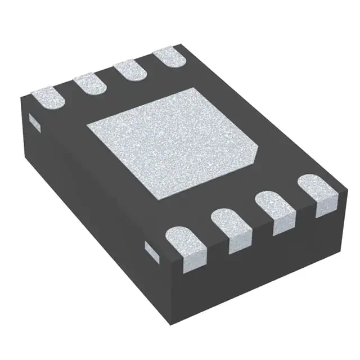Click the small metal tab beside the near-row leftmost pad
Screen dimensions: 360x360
pos(151,250)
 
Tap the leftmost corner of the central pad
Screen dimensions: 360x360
pos(86,125)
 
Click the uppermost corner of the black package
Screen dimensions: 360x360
pos(181,45)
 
